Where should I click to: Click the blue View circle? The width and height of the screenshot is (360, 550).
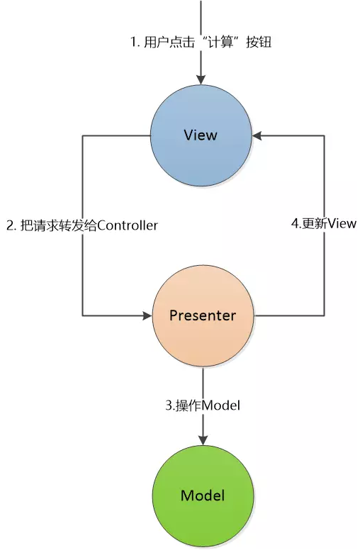(201, 135)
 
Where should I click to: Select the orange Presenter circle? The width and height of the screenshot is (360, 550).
(203, 315)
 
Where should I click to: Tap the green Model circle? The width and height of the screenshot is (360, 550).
(203, 496)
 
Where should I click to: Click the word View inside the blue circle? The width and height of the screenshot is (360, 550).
(201, 135)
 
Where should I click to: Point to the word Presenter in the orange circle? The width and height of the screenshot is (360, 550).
(203, 315)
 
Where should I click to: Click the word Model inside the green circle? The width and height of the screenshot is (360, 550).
(203, 495)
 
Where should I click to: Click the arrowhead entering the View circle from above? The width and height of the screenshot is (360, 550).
(201, 80)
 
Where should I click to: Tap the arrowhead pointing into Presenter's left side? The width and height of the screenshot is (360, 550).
(147, 315)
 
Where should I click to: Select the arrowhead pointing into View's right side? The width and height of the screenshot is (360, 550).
(257, 135)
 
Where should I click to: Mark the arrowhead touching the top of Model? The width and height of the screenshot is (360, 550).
(203, 441)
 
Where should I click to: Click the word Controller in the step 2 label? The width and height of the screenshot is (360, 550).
(128, 225)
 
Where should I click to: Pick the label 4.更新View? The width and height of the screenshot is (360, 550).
(324, 223)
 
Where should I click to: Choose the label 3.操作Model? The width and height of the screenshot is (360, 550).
(203, 405)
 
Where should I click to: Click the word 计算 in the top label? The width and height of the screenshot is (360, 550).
(220, 43)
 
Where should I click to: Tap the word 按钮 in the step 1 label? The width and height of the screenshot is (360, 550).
(259, 43)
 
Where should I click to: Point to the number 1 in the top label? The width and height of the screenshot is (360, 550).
(134, 43)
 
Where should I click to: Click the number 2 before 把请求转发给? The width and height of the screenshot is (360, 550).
(10, 225)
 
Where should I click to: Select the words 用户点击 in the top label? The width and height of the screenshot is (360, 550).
(169, 43)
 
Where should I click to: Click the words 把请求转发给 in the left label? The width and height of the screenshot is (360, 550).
(58, 225)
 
